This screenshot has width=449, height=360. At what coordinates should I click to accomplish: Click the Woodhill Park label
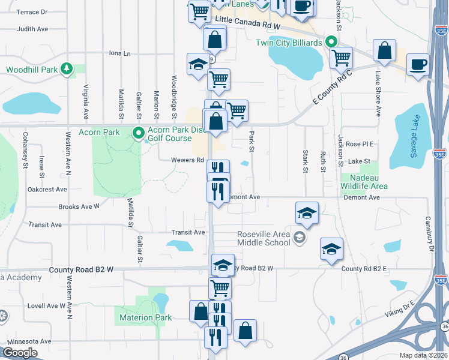(32, 70)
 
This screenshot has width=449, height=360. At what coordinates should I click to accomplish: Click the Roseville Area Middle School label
(264, 238)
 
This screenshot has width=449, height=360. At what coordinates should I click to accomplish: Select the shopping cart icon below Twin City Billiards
(341, 58)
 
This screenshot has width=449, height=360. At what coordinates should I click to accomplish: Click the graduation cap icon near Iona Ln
(197, 64)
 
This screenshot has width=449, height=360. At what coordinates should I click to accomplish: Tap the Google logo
(20, 353)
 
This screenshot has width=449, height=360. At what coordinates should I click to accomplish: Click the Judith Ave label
(32, 29)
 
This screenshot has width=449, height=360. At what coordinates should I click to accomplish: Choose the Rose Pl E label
(360, 144)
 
